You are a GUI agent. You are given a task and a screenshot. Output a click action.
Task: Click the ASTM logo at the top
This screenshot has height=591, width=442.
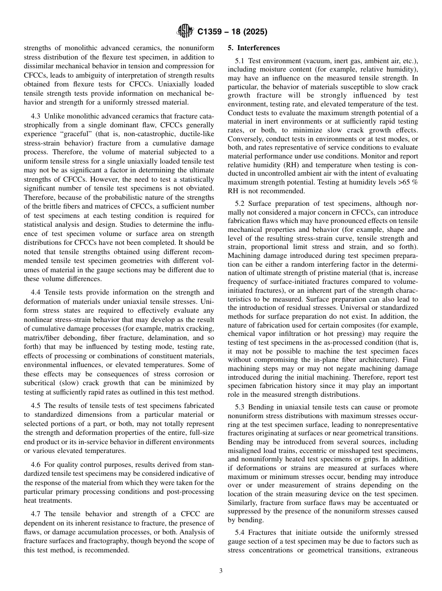(185, 32)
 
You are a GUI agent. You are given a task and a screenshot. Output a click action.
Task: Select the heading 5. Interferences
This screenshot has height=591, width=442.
(254, 48)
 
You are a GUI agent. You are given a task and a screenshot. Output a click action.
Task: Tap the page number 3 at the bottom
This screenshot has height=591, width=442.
(221, 571)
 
